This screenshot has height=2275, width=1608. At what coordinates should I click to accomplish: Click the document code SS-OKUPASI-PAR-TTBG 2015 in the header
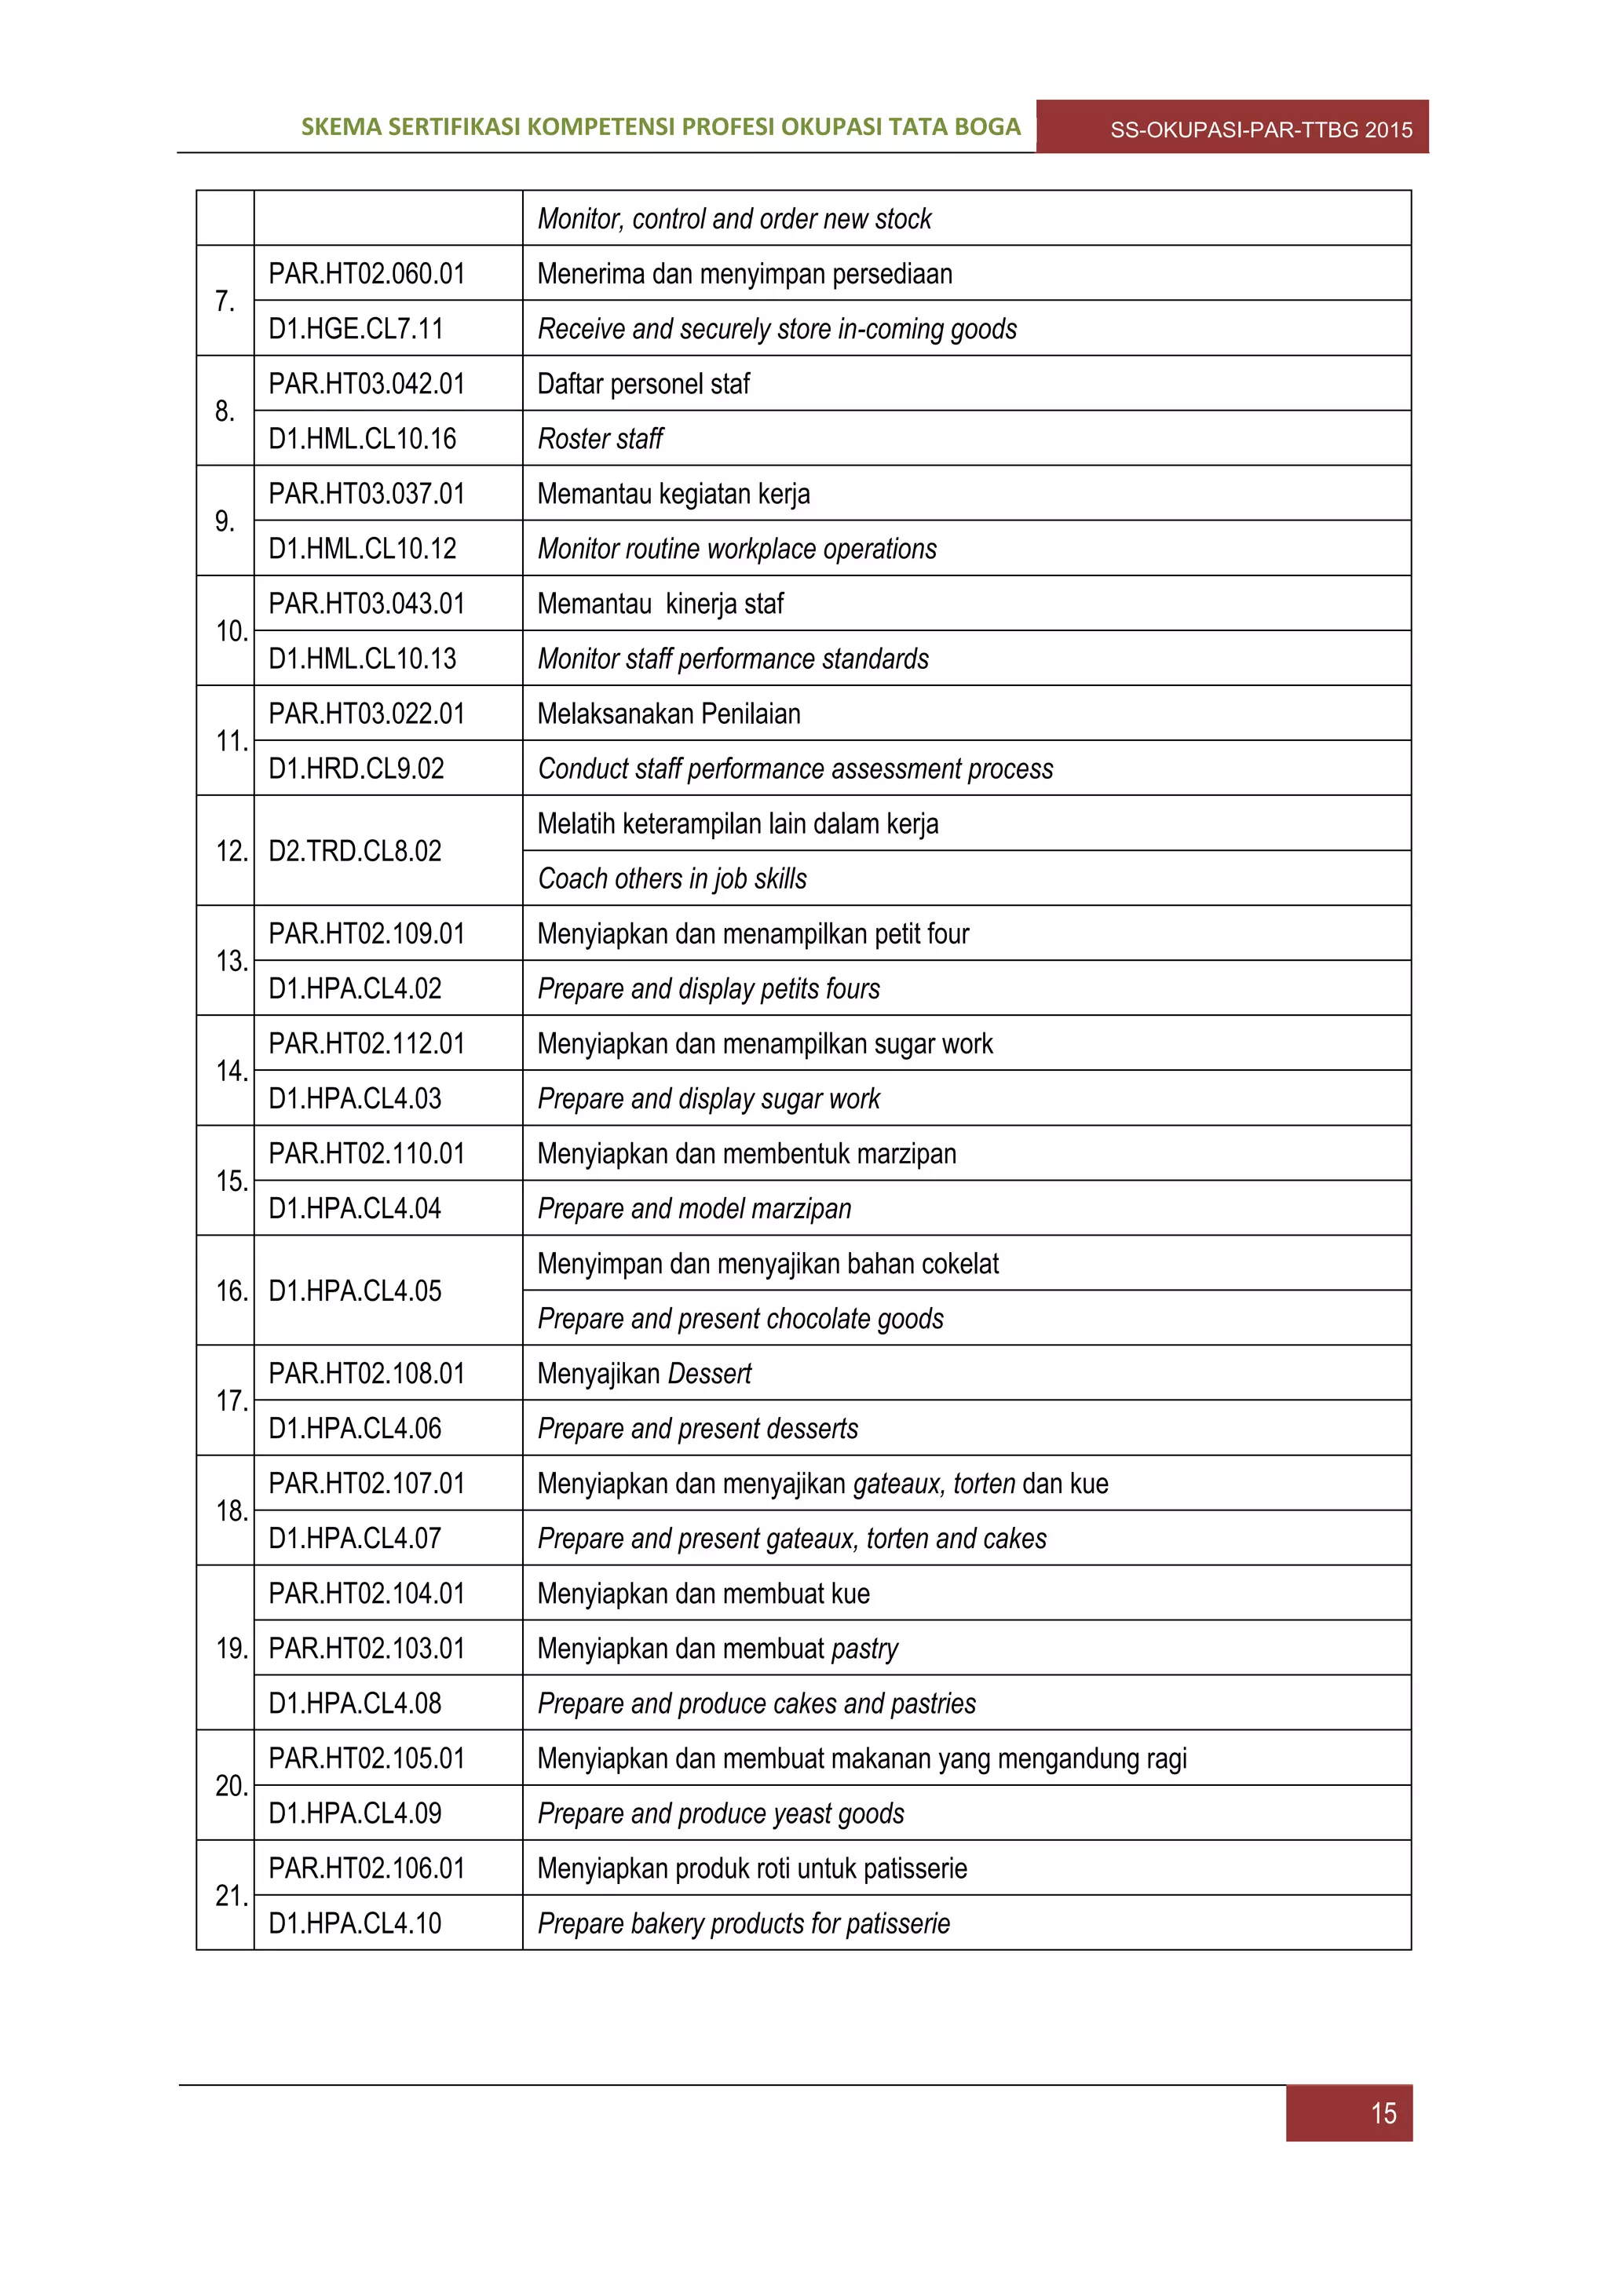[x=1260, y=130]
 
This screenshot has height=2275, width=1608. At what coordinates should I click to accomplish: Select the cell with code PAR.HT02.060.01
[x=367, y=273]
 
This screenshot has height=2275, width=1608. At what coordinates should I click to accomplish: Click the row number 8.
[x=225, y=411]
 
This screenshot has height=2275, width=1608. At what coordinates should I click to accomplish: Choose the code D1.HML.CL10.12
[x=362, y=549]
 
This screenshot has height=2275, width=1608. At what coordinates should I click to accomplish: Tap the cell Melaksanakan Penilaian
[x=669, y=714]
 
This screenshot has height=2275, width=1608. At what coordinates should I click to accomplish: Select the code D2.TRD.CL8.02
[x=355, y=851]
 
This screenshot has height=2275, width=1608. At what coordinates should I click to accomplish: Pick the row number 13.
[x=231, y=961]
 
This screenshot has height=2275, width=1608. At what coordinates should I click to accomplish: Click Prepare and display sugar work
[x=708, y=1099]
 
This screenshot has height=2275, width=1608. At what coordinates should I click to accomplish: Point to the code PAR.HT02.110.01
[x=367, y=1153]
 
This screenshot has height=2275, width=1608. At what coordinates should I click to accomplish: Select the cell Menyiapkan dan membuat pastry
[x=718, y=1649]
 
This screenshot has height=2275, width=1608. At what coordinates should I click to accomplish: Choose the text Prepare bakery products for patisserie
[x=743, y=1924]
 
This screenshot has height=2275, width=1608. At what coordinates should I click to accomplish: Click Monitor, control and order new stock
[x=734, y=219]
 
